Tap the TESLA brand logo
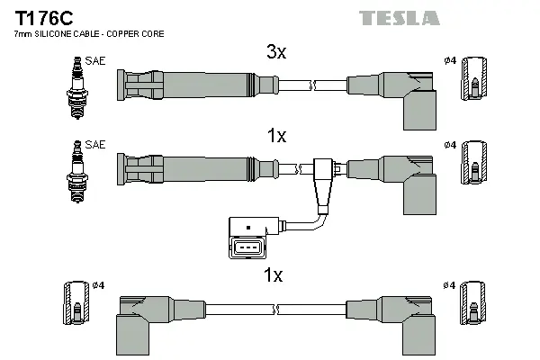400,18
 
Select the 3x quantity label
276,53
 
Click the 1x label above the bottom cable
273,275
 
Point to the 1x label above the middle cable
276,136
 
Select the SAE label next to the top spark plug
94,62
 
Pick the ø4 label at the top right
450,60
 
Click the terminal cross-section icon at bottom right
474,305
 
